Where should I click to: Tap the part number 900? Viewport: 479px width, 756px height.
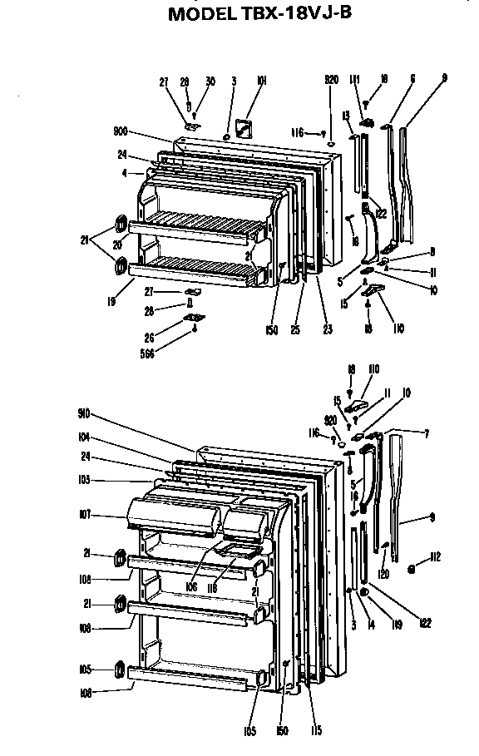tap(121, 131)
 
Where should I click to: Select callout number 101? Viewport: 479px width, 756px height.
tap(261, 81)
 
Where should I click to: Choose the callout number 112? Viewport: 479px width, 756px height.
tap(434, 556)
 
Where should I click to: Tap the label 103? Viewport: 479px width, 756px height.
tap(85, 480)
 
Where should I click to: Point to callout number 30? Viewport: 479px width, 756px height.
tap(210, 82)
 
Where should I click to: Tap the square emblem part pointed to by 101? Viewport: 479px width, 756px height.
tap(244, 126)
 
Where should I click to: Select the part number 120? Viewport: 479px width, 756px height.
tap(383, 575)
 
